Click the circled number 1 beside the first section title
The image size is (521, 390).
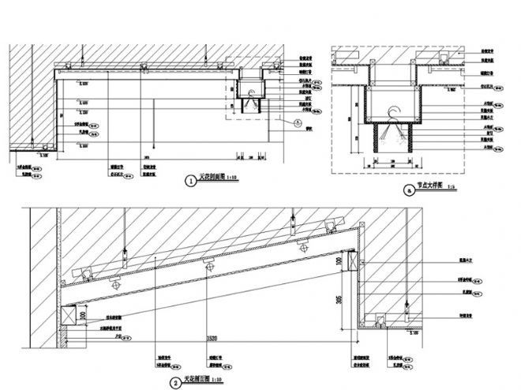click(x=189, y=181)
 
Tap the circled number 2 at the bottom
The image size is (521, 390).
click(x=174, y=384)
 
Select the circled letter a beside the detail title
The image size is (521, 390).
click(x=408, y=189)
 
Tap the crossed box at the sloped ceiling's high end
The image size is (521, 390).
click(x=351, y=261)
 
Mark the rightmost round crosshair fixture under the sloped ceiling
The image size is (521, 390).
click(x=301, y=246)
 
